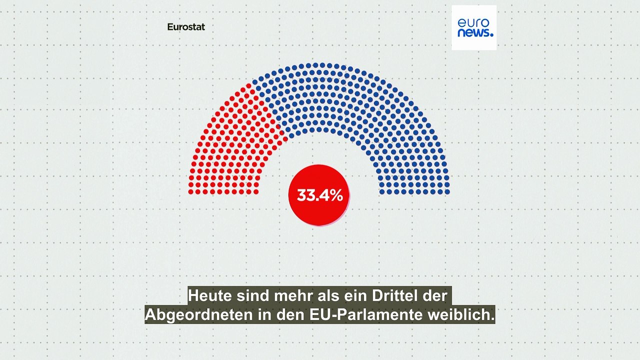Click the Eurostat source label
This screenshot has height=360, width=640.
(186, 27)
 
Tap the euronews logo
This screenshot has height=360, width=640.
(474, 27)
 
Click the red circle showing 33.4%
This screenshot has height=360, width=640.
(319, 195)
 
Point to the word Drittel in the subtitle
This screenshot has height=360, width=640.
(390, 295)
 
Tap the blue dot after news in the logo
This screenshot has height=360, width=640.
(491, 35)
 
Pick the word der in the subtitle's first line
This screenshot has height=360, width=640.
(436, 295)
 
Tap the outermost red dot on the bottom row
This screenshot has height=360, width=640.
(191, 191)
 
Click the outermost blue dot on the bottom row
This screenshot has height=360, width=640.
(447, 191)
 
